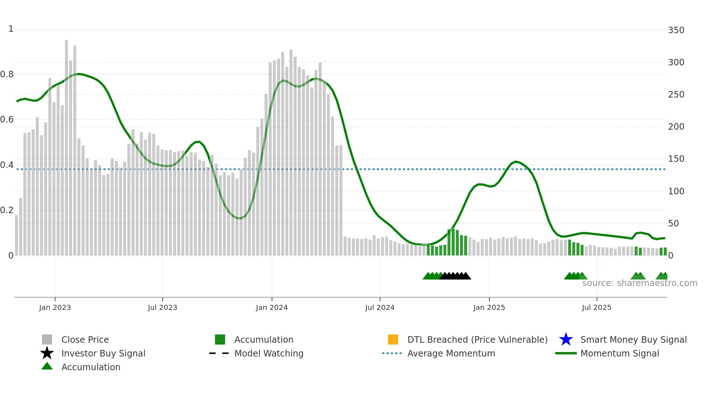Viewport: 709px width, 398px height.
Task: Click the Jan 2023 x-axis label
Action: click(x=55, y=307)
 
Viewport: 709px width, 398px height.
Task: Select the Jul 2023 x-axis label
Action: click(x=162, y=307)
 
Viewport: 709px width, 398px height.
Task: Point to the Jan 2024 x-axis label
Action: click(x=272, y=307)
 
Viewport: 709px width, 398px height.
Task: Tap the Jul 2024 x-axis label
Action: click(x=380, y=307)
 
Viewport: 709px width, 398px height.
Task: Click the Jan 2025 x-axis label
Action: click(x=489, y=307)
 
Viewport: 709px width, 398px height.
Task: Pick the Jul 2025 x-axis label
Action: click(x=597, y=307)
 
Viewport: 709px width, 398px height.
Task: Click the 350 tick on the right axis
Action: click(x=676, y=30)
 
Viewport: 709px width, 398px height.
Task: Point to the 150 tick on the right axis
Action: click(x=676, y=159)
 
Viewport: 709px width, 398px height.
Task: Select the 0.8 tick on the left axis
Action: click(x=7, y=74)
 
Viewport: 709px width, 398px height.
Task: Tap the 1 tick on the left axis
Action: click(x=11, y=29)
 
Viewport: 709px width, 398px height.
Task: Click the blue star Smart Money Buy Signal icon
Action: click(x=566, y=339)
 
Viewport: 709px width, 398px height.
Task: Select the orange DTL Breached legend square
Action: click(x=393, y=339)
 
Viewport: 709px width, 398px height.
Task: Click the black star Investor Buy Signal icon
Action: click(x=47, y=353)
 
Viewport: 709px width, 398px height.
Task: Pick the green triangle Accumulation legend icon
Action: click(x=47, y=366)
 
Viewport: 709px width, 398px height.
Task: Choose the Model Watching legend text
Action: click(x=269, y=353)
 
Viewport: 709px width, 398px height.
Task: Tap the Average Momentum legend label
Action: click(x=451, y=353)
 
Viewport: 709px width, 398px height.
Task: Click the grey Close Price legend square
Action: click(x=47, y=339)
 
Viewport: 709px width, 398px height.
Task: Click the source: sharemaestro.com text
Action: click(x=640, y=283)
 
